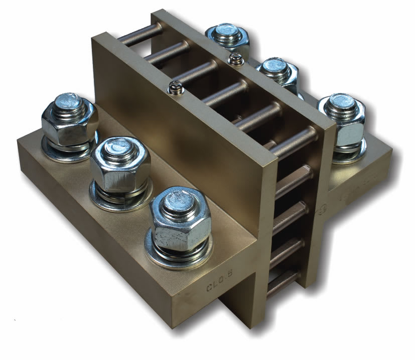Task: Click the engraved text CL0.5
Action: [219, 287]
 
